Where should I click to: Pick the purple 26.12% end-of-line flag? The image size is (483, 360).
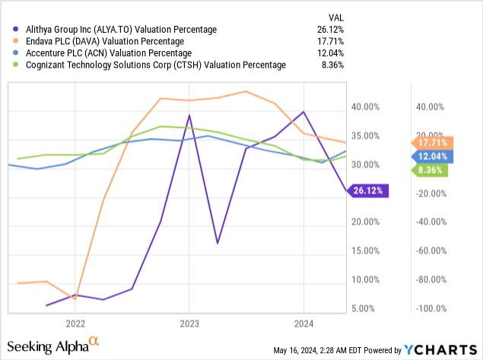point(370,190)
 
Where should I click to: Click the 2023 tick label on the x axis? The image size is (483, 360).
point(189,322)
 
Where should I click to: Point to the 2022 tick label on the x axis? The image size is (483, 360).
point(74,322)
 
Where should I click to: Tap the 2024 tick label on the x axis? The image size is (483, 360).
point(303,322)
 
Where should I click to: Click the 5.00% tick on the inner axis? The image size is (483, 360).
point(367,308)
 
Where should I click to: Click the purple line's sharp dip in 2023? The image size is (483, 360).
point(218,244)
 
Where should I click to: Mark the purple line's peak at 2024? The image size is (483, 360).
point(303,112)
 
